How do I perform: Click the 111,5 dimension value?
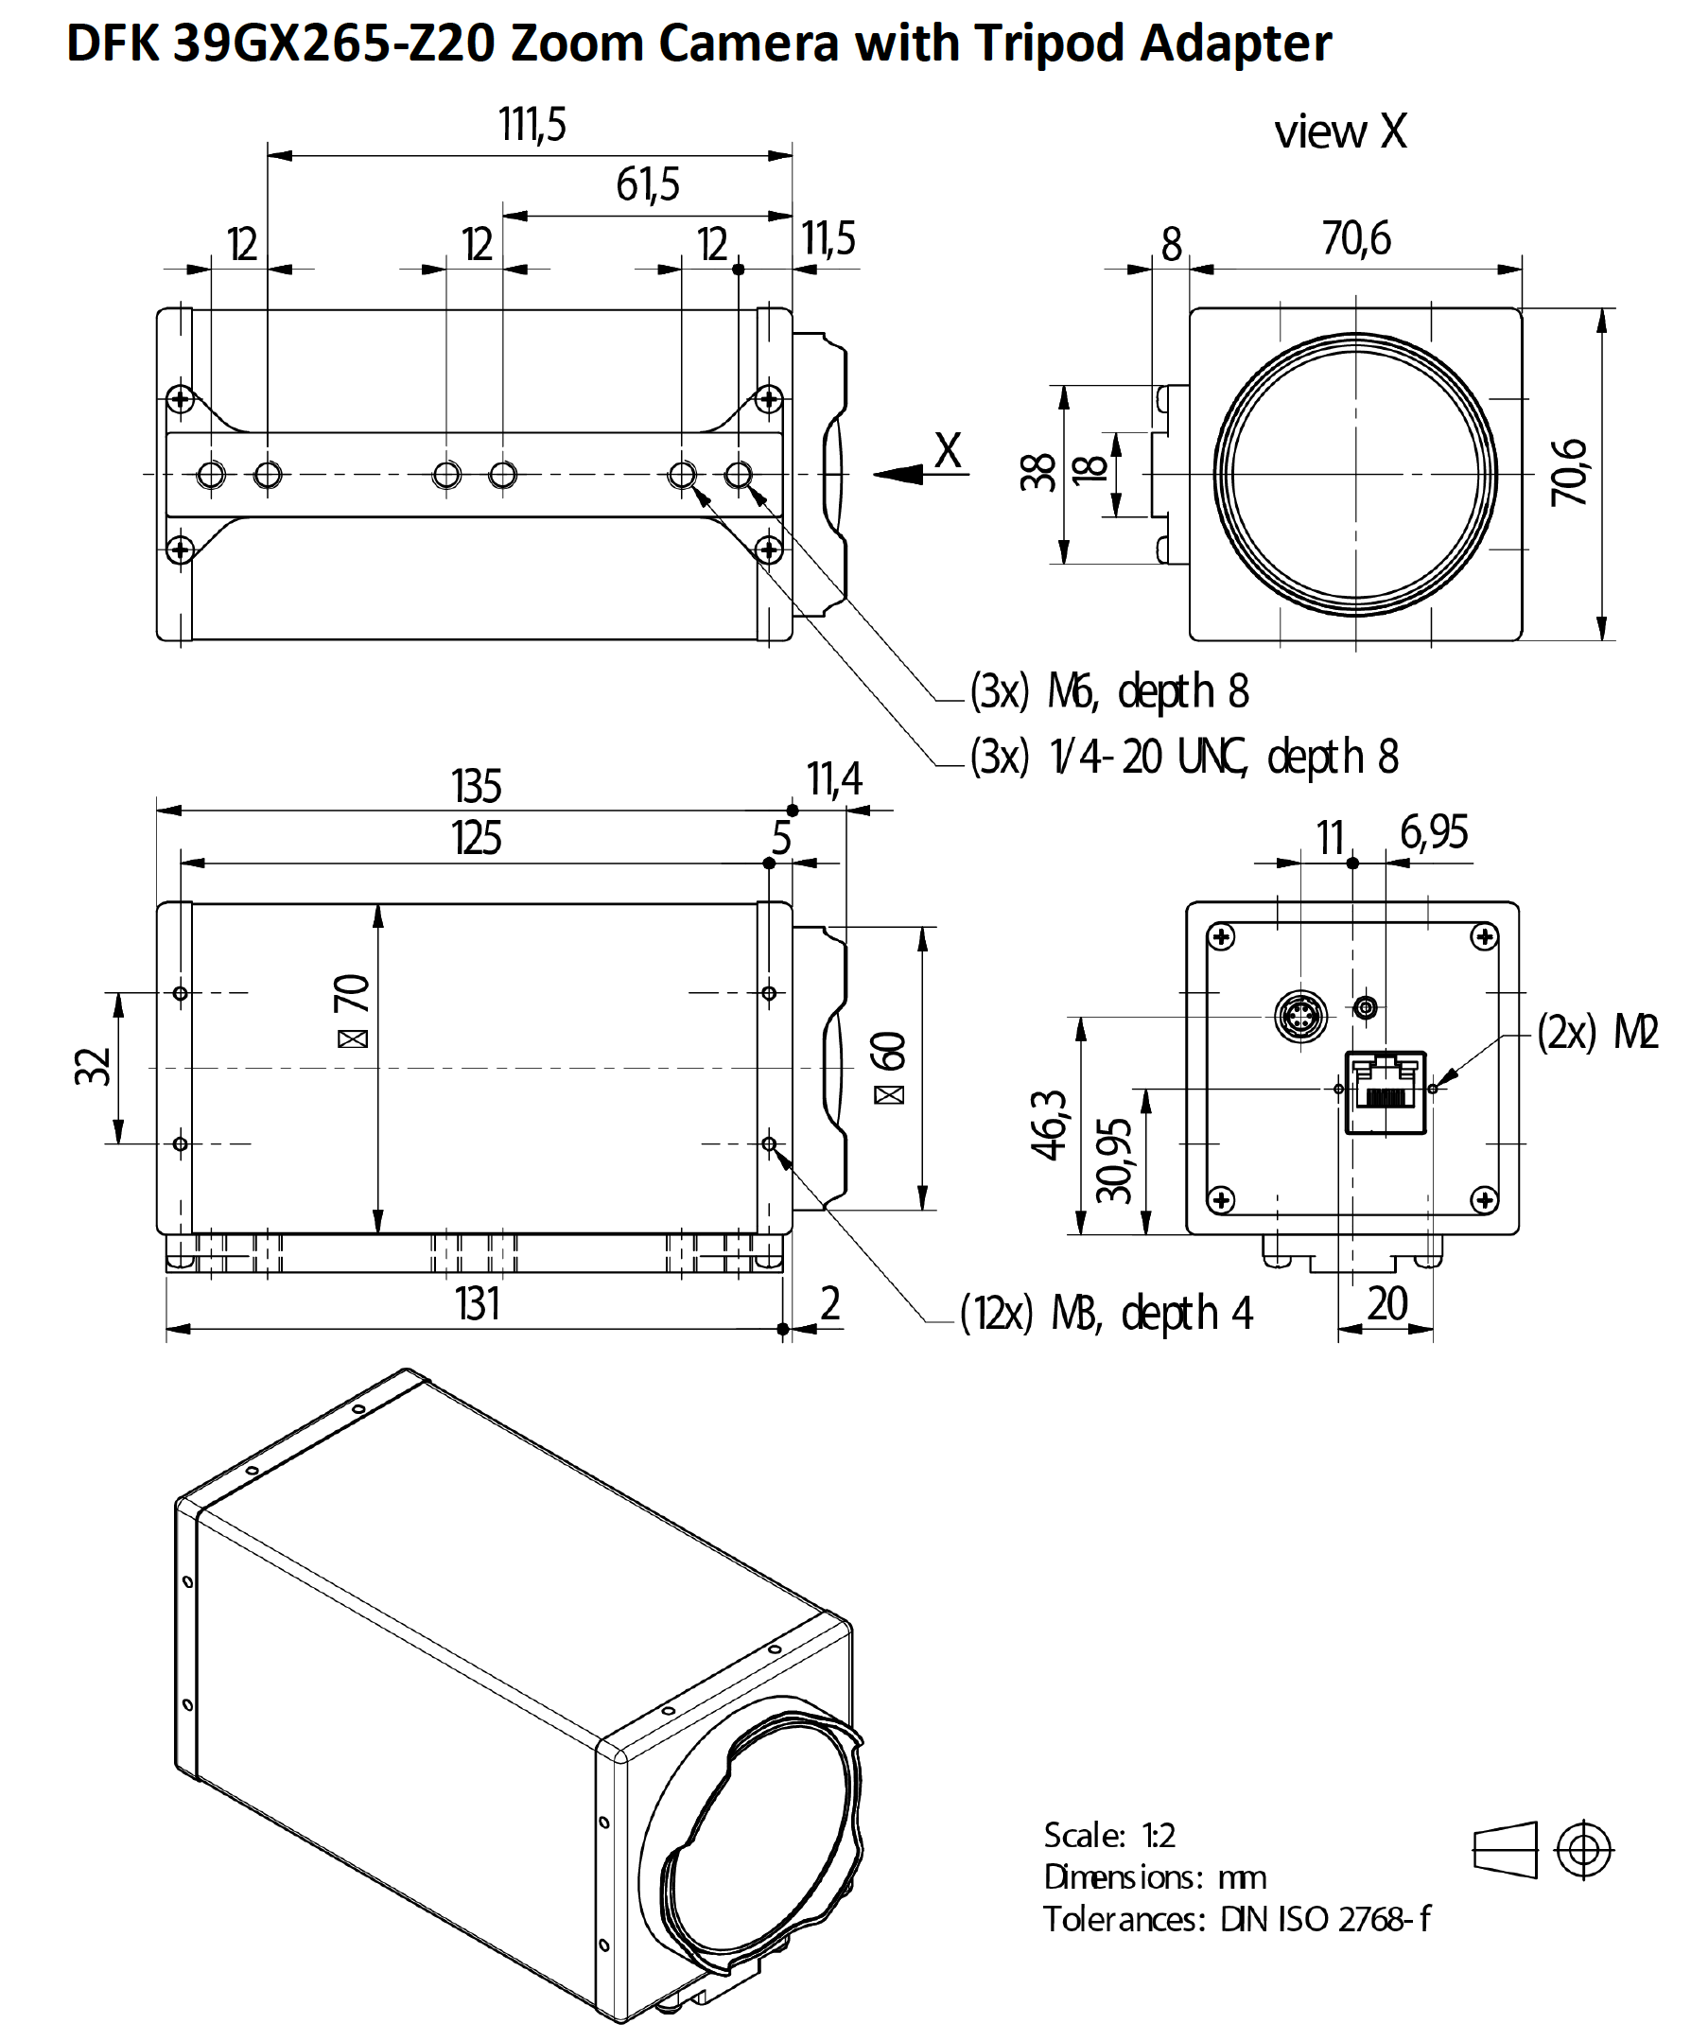(x=532, y=126)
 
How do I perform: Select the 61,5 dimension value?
(x=647, y=184)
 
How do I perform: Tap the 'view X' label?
(x=1340, y=131)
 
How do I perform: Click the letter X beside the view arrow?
(x=948, y=451)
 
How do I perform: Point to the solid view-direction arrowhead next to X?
(x=899, y=474)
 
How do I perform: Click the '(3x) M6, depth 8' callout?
(x=1108, y=692)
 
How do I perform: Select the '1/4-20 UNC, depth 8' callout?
(x=1224, y=756)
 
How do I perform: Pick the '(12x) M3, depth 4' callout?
(x=1106, y=1313)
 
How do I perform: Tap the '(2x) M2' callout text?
(x=1597, y=1031)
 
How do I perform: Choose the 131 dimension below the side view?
(x=478, y=1303)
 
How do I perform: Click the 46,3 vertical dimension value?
(x=1049, y=1125)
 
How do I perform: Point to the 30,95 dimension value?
(x=1114, y=1160)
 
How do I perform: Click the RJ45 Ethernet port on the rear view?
(x=1385, y=1092)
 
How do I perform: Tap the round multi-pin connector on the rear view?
(x=1300, y=1016)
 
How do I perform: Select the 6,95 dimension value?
(x=1434, y=832)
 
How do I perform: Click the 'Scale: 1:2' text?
(x=1108, y=1834)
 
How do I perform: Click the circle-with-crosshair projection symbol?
(x=1584, y=1849)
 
